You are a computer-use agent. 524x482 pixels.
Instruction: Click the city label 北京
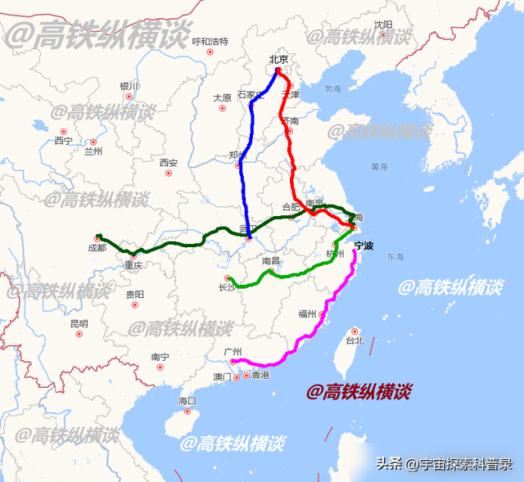[x=278, y=59]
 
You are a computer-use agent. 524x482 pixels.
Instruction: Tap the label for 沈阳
[x=383, y=25]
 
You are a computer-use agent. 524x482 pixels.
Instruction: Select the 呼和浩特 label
[x=210, y=41]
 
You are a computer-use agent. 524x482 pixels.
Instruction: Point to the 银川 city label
[x=129, y=86]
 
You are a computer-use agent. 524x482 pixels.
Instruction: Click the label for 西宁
[x=63, y=141]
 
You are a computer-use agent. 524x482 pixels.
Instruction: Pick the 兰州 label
[x=93, y=151]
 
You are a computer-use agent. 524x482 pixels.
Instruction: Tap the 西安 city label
[x=169, y=163]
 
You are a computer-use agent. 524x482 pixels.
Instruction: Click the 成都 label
[x=97, y=247]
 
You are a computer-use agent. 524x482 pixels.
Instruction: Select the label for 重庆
[x=133, y=265]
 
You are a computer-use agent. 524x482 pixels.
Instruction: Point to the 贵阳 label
[x=135, y=294]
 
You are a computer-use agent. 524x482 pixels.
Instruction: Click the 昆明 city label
[x=79, y=323]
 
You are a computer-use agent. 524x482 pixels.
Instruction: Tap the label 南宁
[x=160, y=357]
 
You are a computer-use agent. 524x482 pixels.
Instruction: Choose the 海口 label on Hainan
[x=187, y=401]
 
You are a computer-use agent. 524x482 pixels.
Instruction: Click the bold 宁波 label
[x=364, y=245]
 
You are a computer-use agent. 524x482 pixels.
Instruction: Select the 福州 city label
[x=308, y=313]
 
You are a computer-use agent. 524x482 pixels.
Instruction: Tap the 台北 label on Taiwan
[x=354, y=340]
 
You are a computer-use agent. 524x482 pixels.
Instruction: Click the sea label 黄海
[x=379, y=166]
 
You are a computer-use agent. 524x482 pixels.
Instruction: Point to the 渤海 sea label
[x=332, y=88]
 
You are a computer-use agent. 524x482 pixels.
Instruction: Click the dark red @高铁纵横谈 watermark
[x=359, y=392]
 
